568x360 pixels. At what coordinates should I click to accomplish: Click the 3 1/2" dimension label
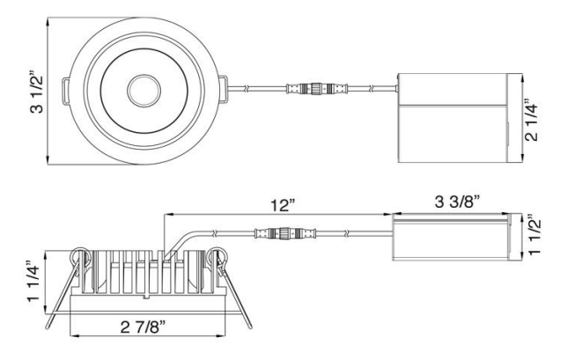37,92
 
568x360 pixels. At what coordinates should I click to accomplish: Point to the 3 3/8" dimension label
458,202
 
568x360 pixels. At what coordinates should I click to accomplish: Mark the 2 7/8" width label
143,327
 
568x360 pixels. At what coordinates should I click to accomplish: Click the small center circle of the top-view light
144,91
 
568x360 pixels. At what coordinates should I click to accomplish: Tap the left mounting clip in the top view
65,91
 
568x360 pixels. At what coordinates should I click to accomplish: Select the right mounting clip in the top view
223,89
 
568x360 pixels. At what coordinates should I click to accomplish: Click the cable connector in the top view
317,88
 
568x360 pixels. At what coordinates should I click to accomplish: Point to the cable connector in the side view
285,233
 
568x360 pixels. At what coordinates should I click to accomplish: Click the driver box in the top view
460,118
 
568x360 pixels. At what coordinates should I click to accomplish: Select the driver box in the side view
458,237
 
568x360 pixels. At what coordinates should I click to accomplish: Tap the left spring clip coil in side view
79,257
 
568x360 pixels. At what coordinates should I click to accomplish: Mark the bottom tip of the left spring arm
47,327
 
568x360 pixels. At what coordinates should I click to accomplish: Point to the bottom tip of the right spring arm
250,327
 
